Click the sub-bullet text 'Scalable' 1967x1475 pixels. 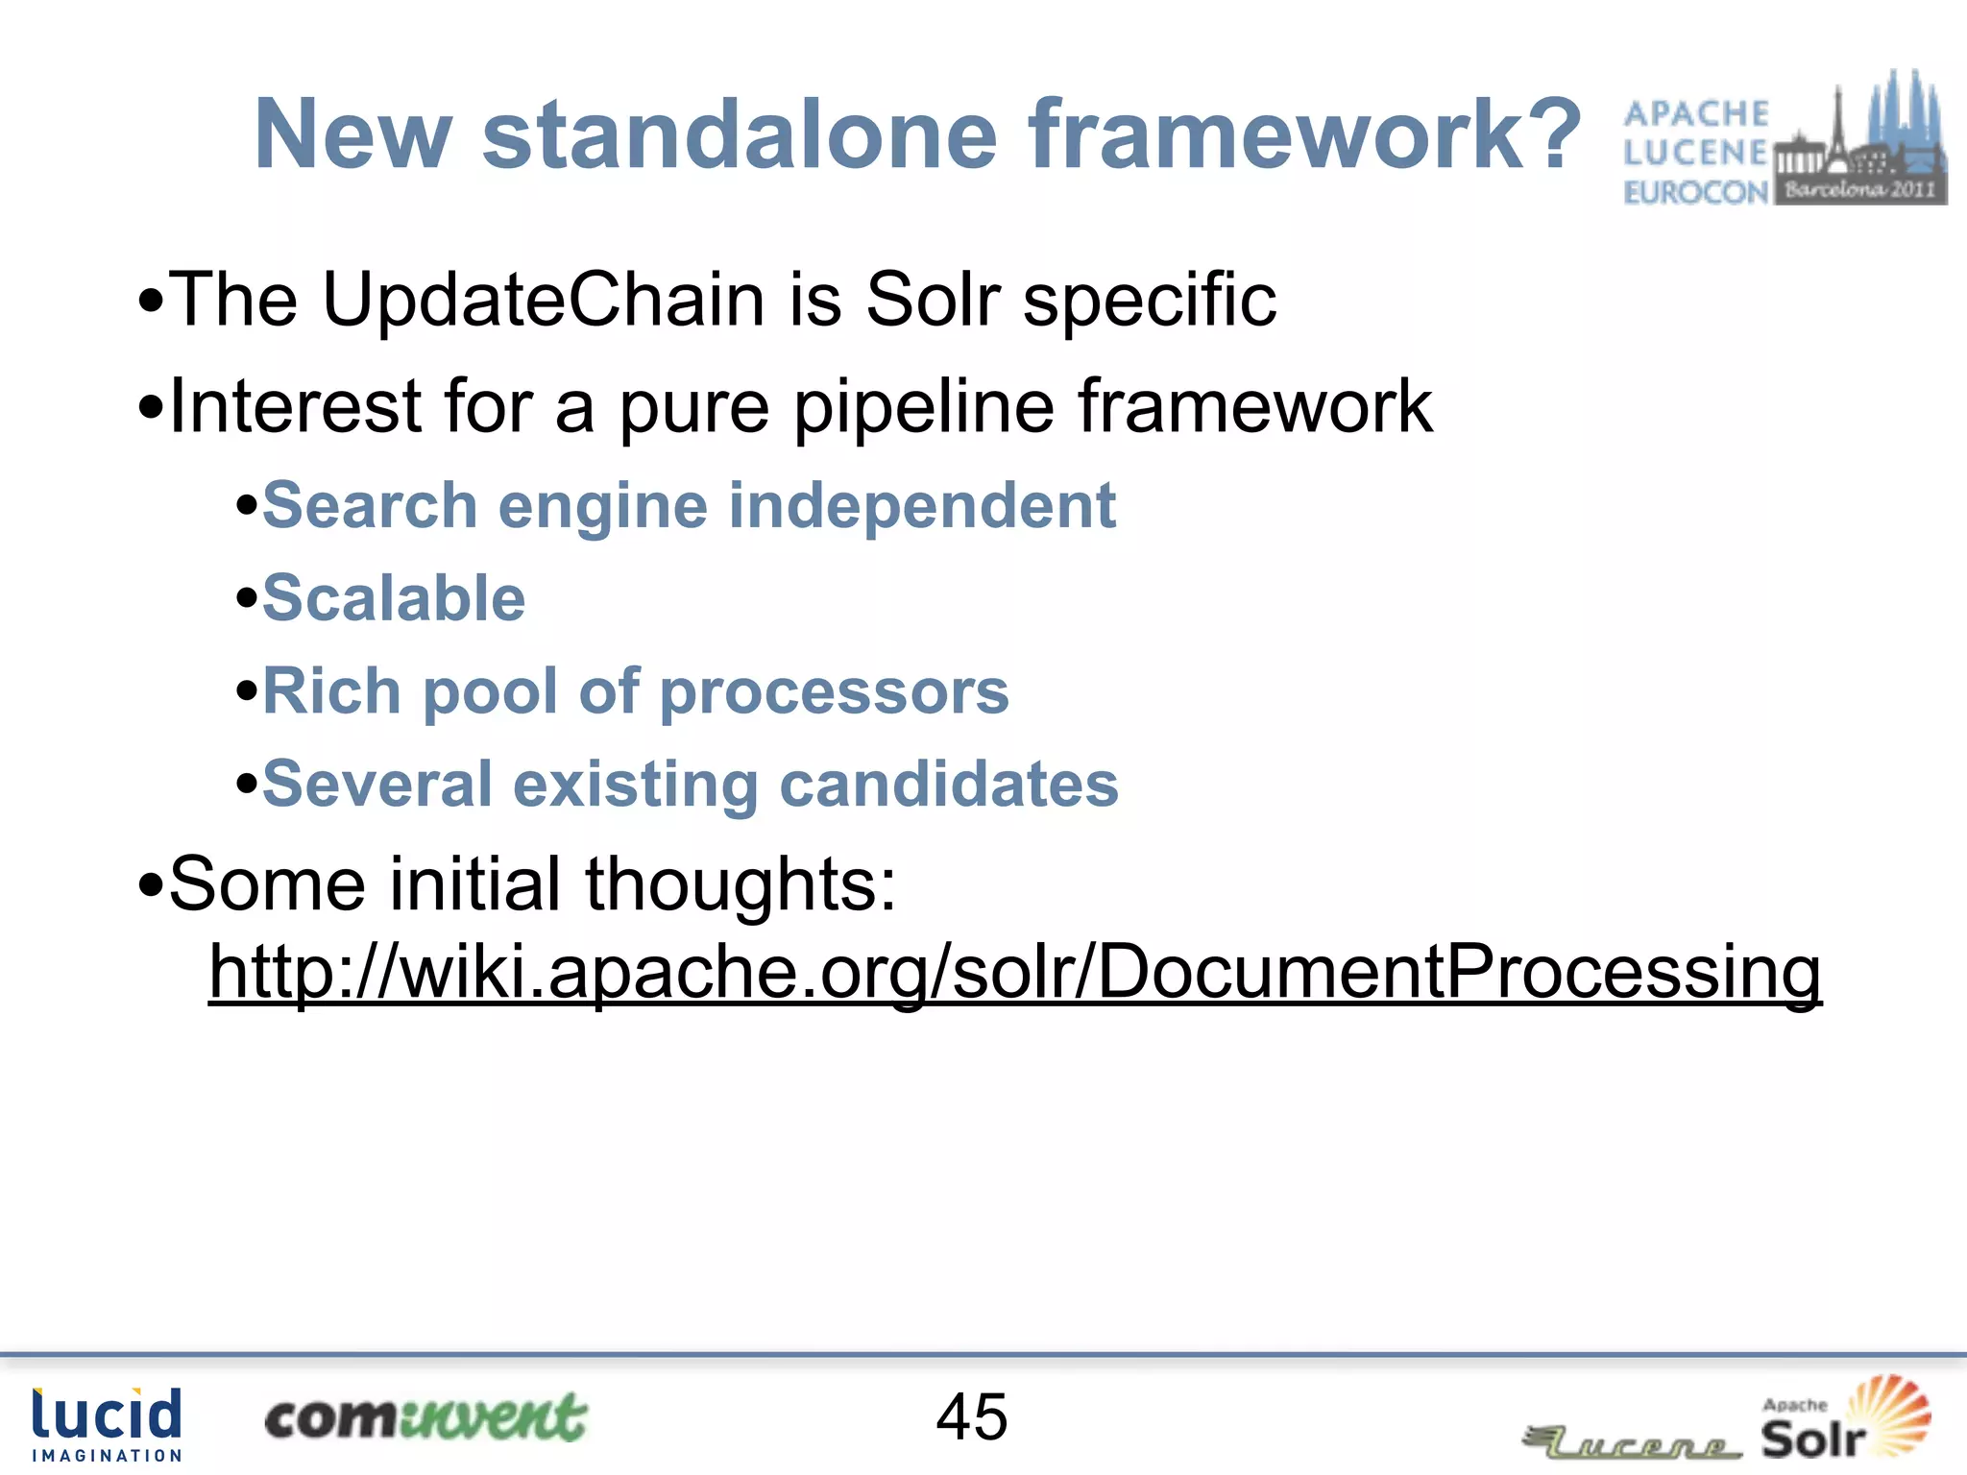[x=394, y=598]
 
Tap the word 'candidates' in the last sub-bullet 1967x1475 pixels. [x=949, y=784]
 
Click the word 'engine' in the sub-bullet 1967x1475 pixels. [x=603, y=505]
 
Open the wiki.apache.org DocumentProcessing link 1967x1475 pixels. [x=1014, y=972]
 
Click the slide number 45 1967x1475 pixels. [x=972, y=1416]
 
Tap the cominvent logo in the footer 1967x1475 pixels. [x=425, y=1417]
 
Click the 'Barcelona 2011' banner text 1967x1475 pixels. [x=1859, y=189]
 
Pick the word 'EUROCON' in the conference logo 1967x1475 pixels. [x=1695, y=192]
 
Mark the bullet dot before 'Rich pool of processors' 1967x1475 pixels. [x=247, y=691]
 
